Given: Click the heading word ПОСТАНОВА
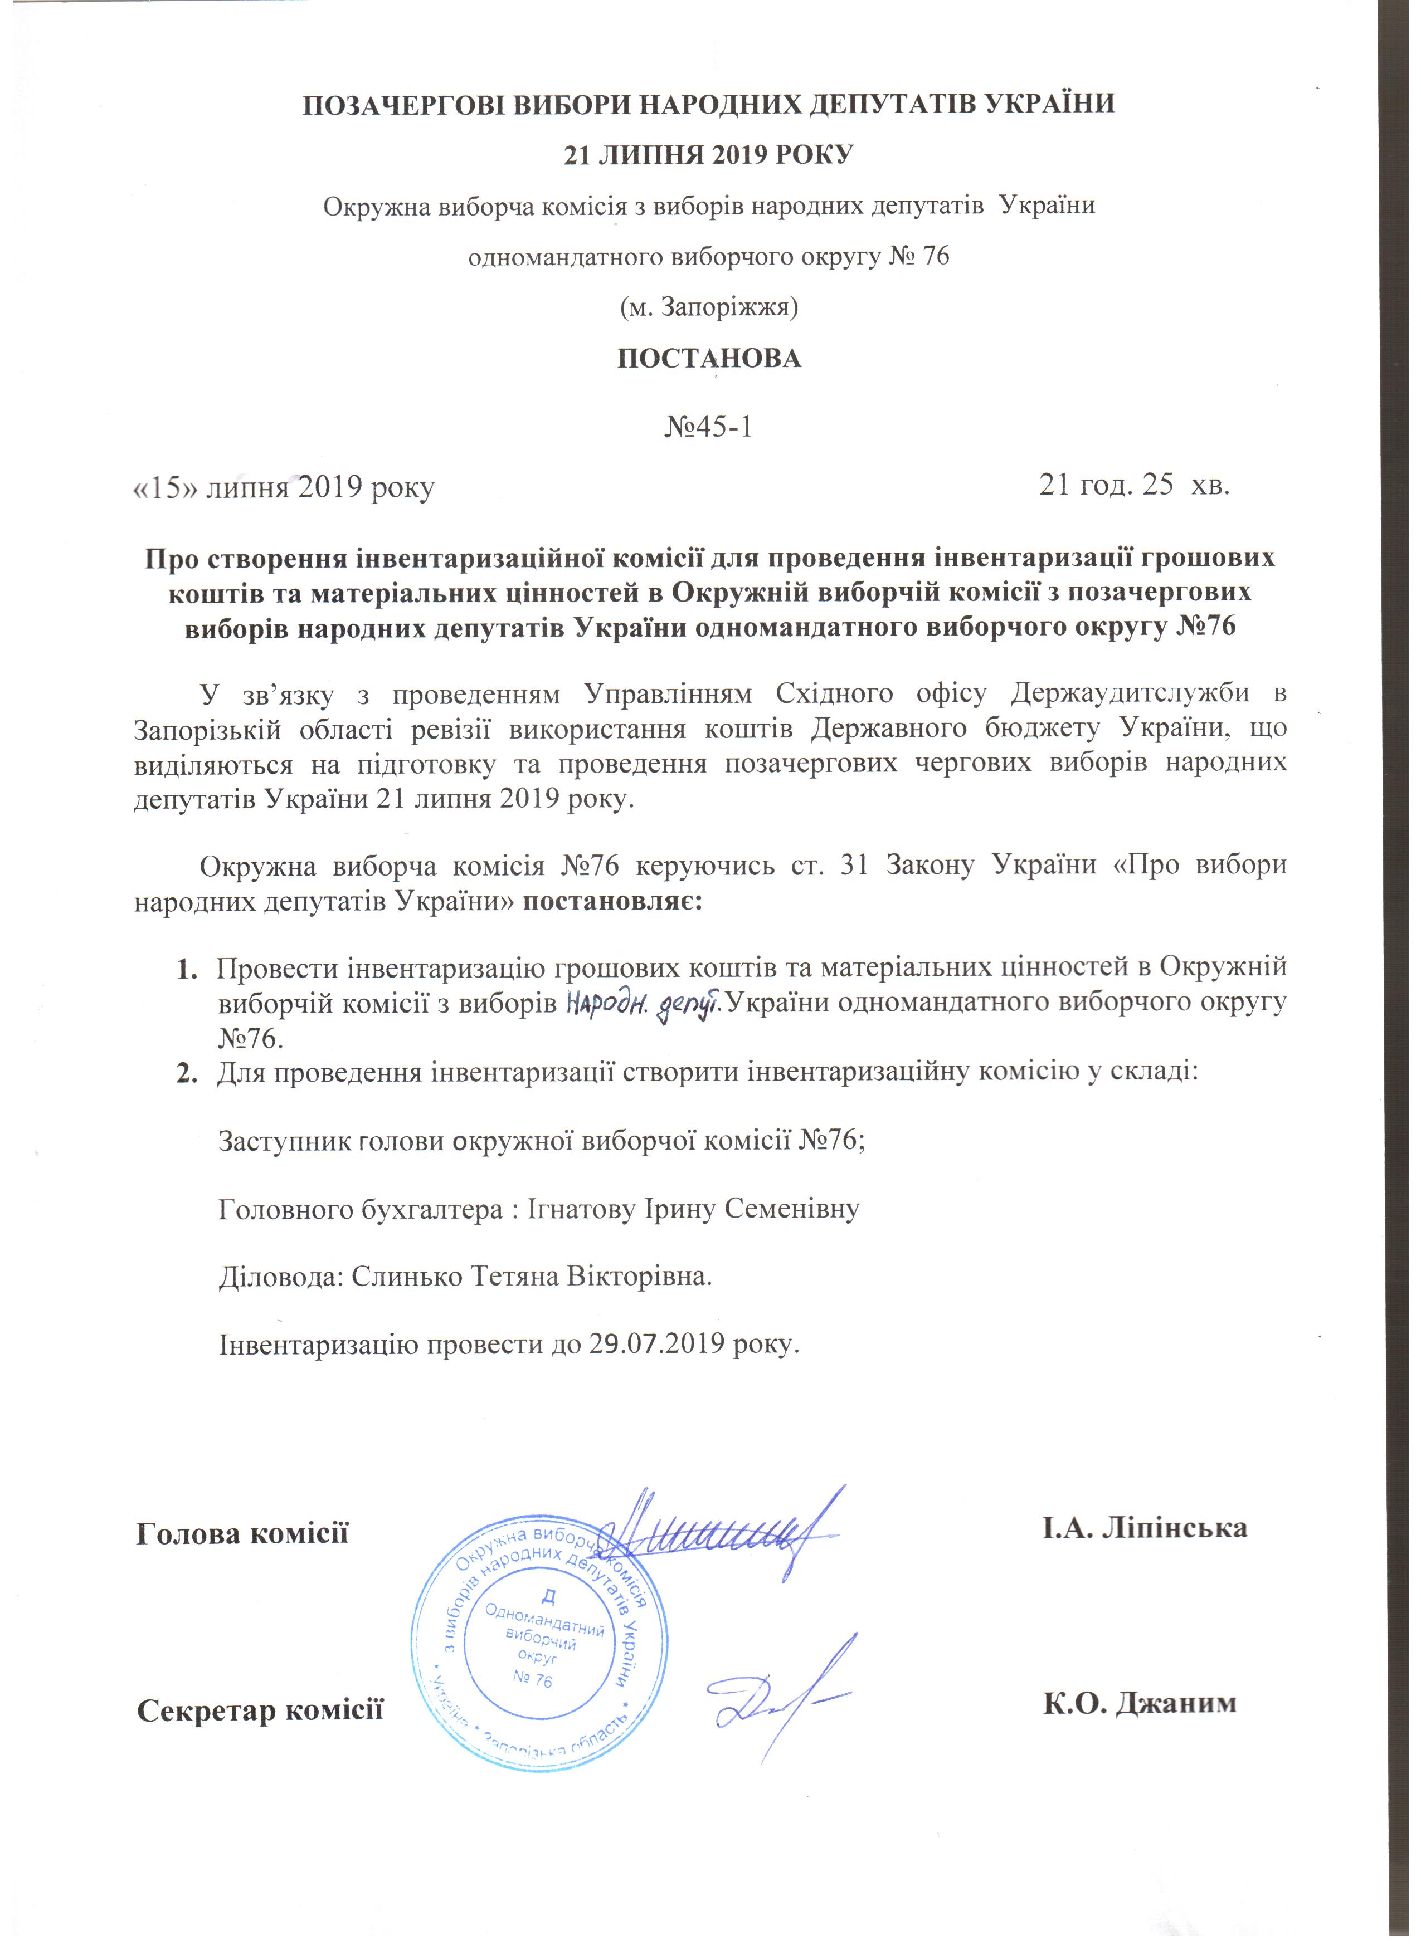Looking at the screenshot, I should click(709, 359).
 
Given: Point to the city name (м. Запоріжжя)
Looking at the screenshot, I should click(709, 307).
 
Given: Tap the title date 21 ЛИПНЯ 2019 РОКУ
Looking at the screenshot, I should click(709, 155).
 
